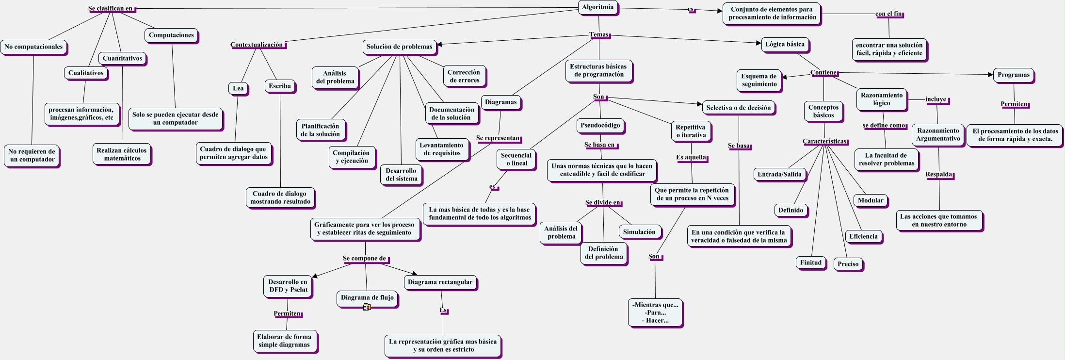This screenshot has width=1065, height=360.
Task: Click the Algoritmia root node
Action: coord(598,7)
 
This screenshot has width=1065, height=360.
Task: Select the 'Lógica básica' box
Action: coord(785,45)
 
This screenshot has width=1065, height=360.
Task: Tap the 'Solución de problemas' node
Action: coord(399,47)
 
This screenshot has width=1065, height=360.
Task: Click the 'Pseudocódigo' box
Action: coord(600,126)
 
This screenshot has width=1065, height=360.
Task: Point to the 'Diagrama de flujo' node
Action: coord(367,298)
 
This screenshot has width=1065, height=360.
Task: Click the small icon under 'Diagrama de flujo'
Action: coord(367,307)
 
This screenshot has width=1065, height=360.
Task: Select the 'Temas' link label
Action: coord(599,35)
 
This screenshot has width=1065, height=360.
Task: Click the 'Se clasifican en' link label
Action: coord(111,9)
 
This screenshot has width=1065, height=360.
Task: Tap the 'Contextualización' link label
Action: coord(257,45)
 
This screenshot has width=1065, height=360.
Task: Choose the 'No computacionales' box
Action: coord(33,47)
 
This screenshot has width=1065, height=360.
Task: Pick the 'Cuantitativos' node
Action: coord(122,59)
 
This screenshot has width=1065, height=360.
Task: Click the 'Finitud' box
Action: coord(811,263)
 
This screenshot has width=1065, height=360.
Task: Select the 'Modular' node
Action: coord(871,201)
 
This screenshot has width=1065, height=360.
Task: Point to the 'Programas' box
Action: coord(1014,75)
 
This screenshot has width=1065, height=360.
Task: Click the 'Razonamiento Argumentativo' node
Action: coord(938,135)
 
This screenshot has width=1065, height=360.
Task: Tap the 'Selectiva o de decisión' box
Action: coord(739,108)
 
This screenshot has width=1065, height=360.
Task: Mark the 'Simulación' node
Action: coord(639,232)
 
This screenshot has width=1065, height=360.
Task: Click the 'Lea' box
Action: coord(238,89)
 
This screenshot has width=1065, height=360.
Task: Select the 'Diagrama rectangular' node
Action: coord(440,282)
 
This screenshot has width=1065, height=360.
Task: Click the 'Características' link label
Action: coord(824,142)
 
